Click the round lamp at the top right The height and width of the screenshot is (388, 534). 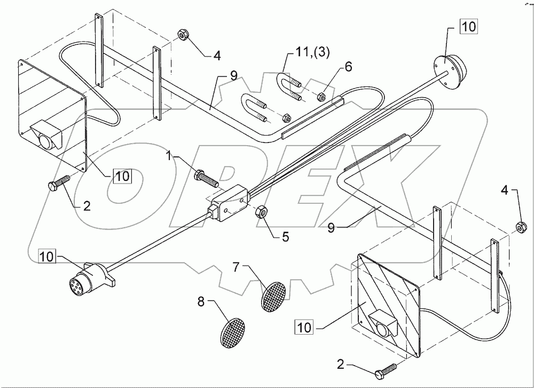tap(449, 66)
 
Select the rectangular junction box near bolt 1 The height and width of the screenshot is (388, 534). tap(229, 204)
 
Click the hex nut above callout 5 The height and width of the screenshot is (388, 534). tap(263, 212)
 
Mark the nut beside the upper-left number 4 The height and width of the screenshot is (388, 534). tap(182, 36)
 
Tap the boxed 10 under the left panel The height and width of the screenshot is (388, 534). tap(122, 176)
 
